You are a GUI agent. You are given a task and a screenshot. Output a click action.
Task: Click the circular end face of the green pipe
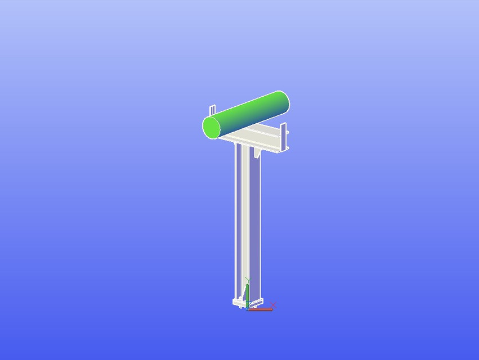point(212,128)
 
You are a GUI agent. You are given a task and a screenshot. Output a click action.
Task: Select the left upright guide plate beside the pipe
point(212,110)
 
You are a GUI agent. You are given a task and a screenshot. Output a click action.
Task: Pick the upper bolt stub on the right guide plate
point(288,133)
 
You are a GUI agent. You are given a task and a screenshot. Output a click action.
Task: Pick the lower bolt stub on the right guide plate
point(288,148)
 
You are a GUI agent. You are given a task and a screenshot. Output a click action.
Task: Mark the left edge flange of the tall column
point(236,225)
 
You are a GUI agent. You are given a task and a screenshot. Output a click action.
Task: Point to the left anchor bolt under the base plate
point(240,307)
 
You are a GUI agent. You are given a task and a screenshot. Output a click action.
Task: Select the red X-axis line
point(260,309)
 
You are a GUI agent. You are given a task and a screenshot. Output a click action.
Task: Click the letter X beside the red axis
point(273,305)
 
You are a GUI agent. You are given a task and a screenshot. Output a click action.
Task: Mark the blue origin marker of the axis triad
point(248,308)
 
